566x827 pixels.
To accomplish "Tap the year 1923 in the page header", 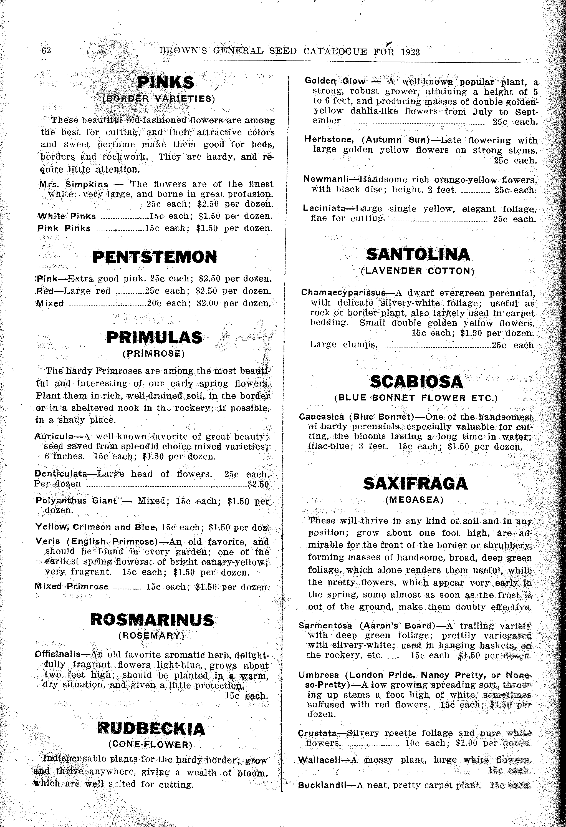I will [410, 52].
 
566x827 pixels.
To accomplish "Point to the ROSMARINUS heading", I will [153, 621].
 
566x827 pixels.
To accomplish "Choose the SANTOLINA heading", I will [418, 254].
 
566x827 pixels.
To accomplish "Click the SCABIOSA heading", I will [416, 382].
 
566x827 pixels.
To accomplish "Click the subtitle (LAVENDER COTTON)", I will [418, 271].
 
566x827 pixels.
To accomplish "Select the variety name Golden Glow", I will [330, 81].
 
